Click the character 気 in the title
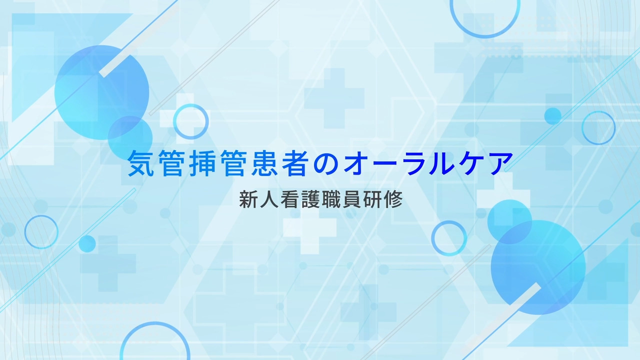140,163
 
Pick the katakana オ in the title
357,163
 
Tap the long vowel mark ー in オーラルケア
387,163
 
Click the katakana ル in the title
449,163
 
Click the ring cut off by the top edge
485,36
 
